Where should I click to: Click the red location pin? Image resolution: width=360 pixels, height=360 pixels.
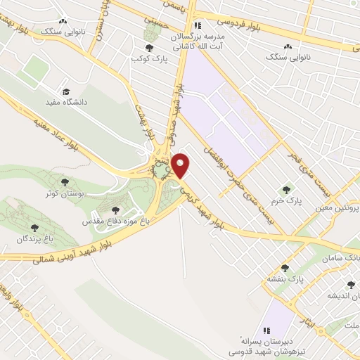tap(181, 165)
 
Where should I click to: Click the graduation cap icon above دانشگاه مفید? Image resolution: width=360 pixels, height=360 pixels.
tap(66, 91)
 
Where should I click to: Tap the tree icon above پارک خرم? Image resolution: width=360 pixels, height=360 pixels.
tap(285, 189)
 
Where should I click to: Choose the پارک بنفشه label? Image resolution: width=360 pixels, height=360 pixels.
tap(283, 278)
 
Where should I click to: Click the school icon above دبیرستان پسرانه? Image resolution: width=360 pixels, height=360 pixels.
tap(266, 330)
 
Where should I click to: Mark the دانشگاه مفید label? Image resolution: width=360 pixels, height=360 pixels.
tap(66, 103)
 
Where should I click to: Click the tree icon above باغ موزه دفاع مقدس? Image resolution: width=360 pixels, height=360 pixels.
tap(115, 209)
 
